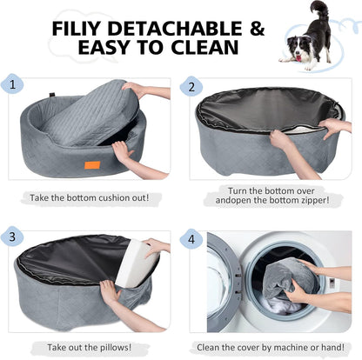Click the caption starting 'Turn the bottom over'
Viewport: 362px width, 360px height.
tap(268, 192)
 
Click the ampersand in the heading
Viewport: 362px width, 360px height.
tap(254, 29)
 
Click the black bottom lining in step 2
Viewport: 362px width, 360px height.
tap(261, 109)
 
